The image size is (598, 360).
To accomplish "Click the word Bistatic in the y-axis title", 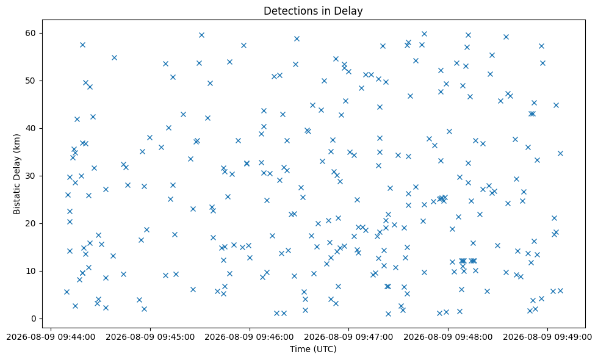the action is coord(17,197).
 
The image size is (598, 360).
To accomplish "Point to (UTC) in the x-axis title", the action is coord(325,349).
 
